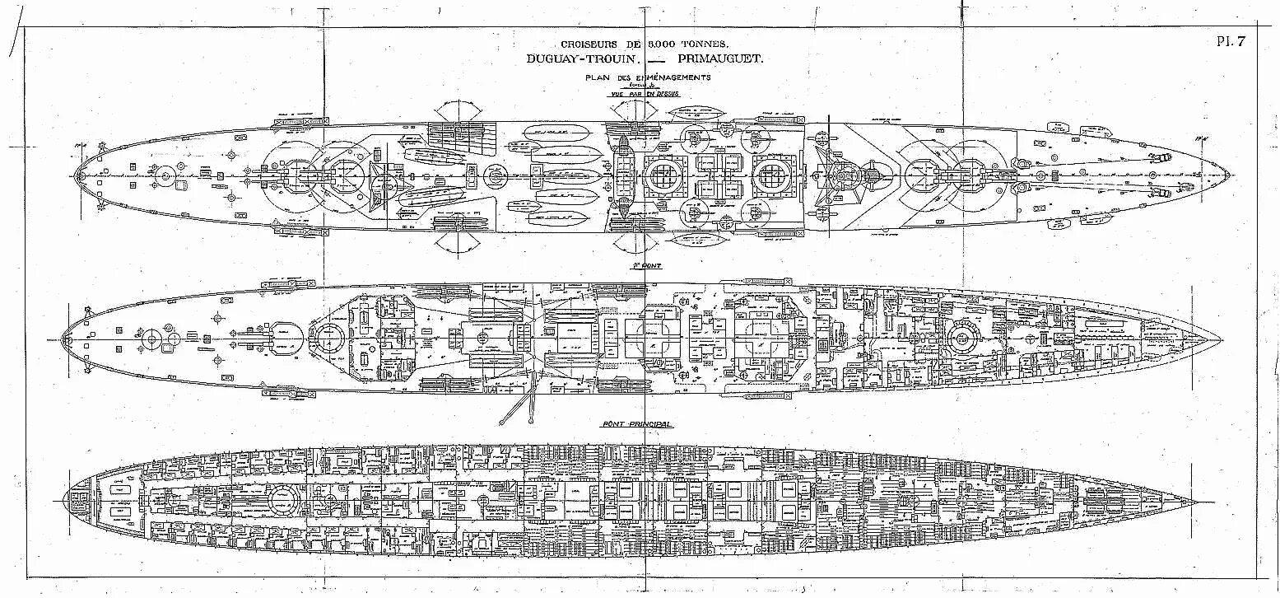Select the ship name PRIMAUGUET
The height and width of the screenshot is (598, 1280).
(719, 59)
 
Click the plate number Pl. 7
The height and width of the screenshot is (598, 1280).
(1231, 44)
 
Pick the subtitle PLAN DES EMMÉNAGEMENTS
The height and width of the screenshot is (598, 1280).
(647, 77)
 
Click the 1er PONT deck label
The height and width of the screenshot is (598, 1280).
(647, 266)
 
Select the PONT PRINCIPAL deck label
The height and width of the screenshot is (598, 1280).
(636, 423)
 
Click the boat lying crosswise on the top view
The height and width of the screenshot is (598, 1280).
(623, 175)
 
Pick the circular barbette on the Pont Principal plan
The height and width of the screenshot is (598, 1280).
(282, 499)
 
